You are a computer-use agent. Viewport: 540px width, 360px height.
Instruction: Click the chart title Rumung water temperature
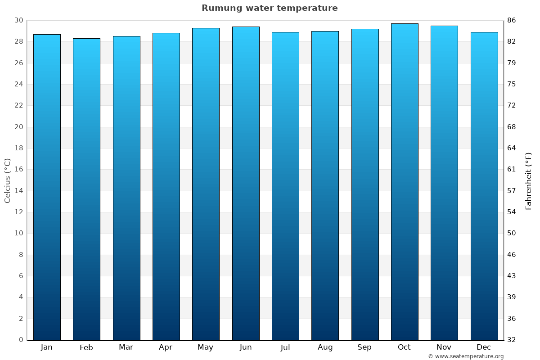point(270,8)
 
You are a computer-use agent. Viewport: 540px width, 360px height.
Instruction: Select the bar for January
point(47,187)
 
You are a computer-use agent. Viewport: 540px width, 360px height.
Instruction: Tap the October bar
point(405,181)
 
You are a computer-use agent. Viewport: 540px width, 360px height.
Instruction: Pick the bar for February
point(86,189)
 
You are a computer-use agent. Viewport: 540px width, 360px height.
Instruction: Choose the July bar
point(285,186)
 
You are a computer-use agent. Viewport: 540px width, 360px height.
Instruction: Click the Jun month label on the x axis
point(246,347)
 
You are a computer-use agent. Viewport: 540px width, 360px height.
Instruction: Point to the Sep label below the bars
point(364,347)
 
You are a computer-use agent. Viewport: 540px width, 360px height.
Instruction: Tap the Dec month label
point(484,347)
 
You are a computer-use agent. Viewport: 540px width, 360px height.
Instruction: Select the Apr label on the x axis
point(166,347)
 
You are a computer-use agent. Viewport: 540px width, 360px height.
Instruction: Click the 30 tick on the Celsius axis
point(18,21)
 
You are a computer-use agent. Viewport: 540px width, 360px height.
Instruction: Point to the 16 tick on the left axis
point(18,170)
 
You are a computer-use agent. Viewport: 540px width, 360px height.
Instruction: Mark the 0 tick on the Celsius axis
point(21,340)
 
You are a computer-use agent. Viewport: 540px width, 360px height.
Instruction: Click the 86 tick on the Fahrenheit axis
point(512,21)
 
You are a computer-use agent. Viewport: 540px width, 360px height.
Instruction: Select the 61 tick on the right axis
point(512,170)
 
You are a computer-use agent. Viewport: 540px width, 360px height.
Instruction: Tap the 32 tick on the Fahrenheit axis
point(512,340)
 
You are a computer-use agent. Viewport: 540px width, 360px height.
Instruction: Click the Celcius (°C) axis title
point(8,180)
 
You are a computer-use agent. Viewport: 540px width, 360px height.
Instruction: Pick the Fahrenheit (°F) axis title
point(529,180)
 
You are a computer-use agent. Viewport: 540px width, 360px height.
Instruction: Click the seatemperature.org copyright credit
point(466,356)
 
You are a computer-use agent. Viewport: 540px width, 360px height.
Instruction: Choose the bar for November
point(444,183)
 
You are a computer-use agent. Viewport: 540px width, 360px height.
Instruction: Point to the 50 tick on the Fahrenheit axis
point(512,233)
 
